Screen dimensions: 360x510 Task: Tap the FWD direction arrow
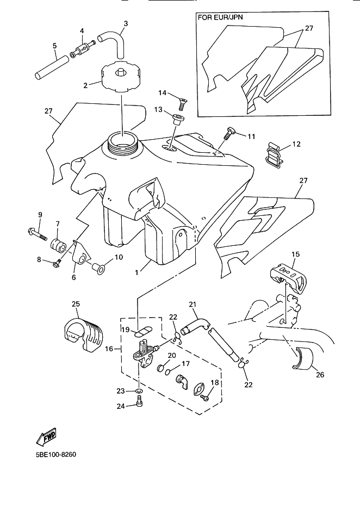46,436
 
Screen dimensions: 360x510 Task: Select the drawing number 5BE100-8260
56,454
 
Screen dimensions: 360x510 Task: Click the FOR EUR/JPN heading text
220,17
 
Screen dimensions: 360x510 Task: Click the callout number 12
296,144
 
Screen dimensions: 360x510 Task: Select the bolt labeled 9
36,234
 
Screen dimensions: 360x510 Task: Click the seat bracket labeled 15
288,277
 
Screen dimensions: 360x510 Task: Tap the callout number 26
320,375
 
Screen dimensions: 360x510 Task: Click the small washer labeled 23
139,390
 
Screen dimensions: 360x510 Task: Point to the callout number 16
109,349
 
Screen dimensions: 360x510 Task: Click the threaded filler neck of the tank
122,142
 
